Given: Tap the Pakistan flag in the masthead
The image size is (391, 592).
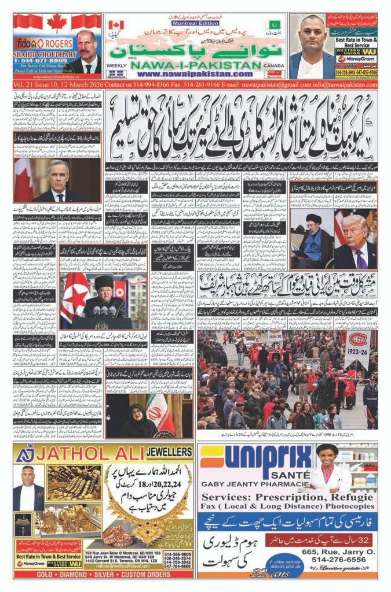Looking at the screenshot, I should pyautogui.click(x=272, y=25).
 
